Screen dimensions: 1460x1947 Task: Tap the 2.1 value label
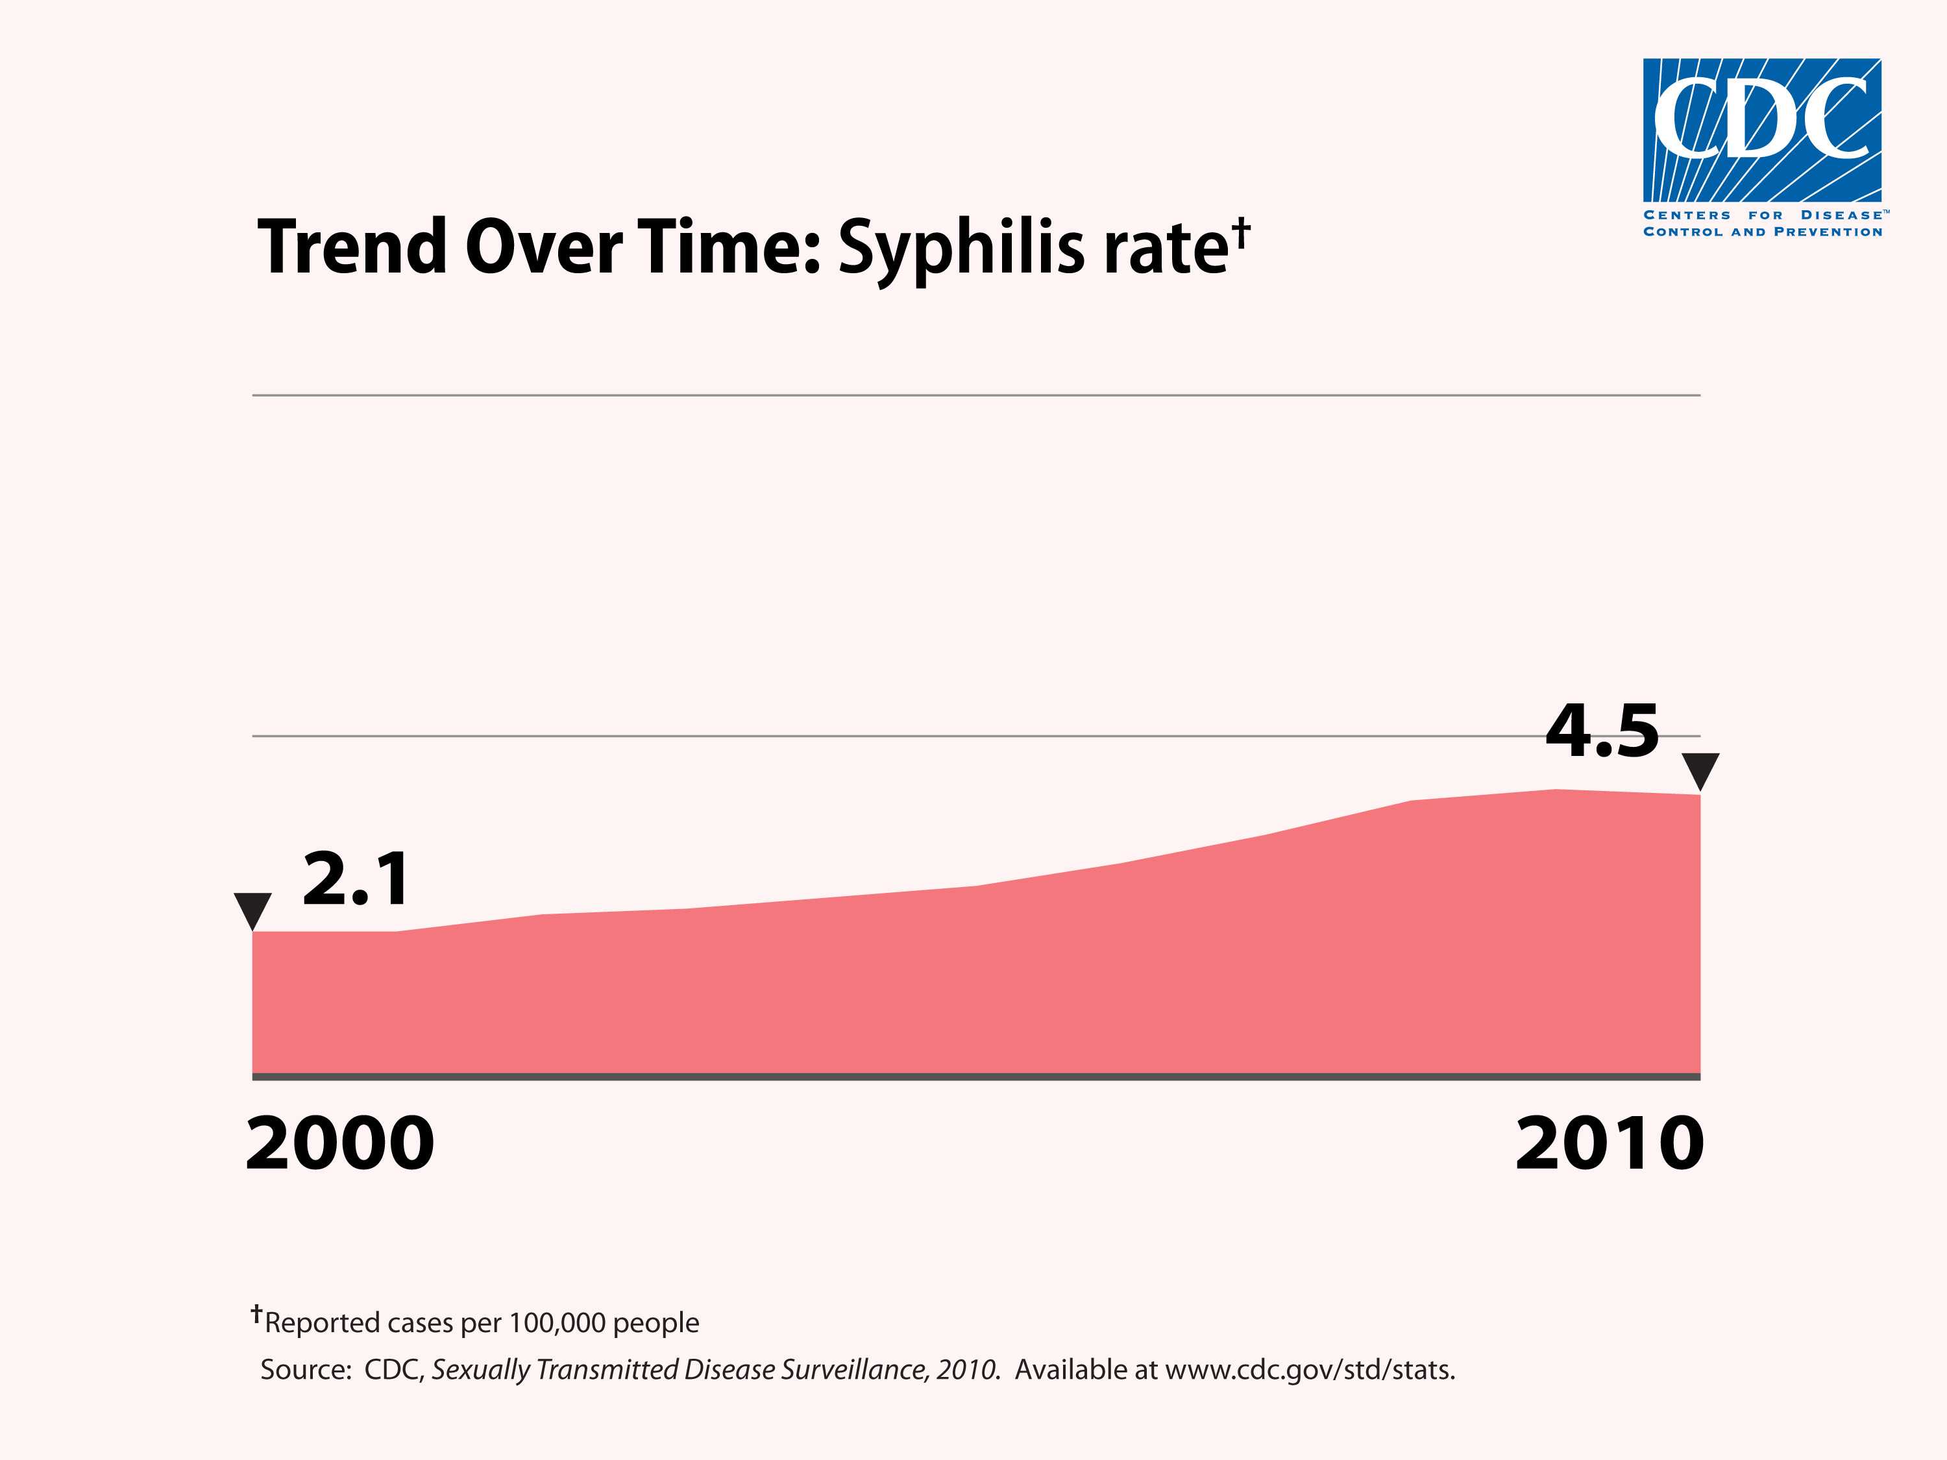(356, 879)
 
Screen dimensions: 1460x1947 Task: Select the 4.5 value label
(1601, 731)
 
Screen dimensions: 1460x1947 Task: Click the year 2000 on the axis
(340, 1143)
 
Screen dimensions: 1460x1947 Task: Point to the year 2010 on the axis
(1609, 1143)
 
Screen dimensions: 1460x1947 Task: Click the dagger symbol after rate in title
(1240, 230)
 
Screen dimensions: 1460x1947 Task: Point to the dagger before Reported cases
(256, 1314)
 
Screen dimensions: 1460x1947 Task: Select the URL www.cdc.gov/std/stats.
(1310, 1370)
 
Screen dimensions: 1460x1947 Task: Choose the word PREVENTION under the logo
(1828, 232)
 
